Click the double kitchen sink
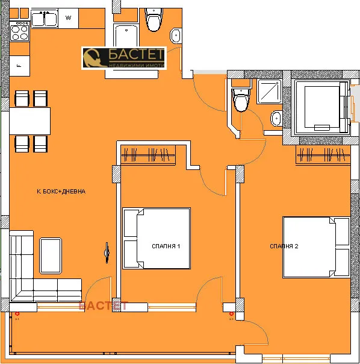click(43, 19)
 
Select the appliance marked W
click(69, 18)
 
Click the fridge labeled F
click(19, 64)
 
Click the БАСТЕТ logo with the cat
click(123, 58)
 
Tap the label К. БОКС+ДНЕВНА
click(61, 192)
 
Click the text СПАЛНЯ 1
click(167, 246)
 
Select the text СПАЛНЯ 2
click(284, 246)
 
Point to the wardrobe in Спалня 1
click(149, 155)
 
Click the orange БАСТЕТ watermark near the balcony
click(104, 306)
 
